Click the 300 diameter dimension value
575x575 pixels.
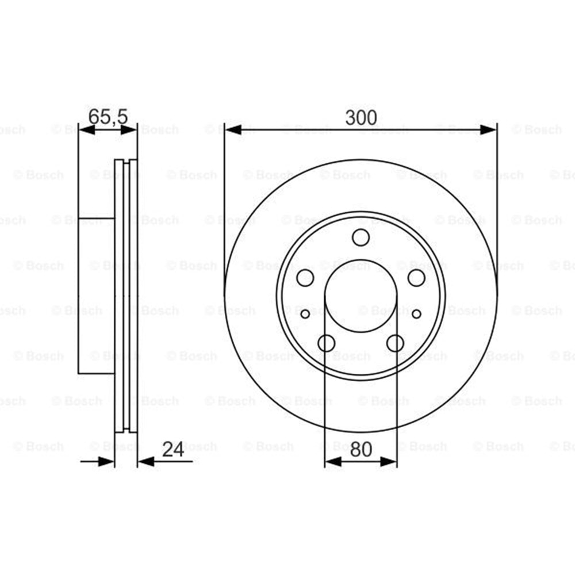pyautogui.click(x=361, y=117)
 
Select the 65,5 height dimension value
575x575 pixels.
pyautogui.click(x=108, y=117)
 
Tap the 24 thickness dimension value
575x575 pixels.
pyautogui.click(x=173, y=449)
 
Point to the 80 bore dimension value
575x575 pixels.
pyautogui.click(x=361, y=449)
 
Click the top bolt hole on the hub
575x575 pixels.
pyautogui.click(x=361, y=237)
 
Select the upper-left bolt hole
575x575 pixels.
pyautogui.click(x=305, y=278)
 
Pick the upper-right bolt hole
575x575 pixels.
pyautogui.click(x=416, y=278)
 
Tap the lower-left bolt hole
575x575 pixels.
pyautogui.click(x=327, y=343)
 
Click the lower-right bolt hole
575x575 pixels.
pyautogui.click(x=396, y=343)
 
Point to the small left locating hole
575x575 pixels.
pyautogui.click(x=305, y=314)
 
